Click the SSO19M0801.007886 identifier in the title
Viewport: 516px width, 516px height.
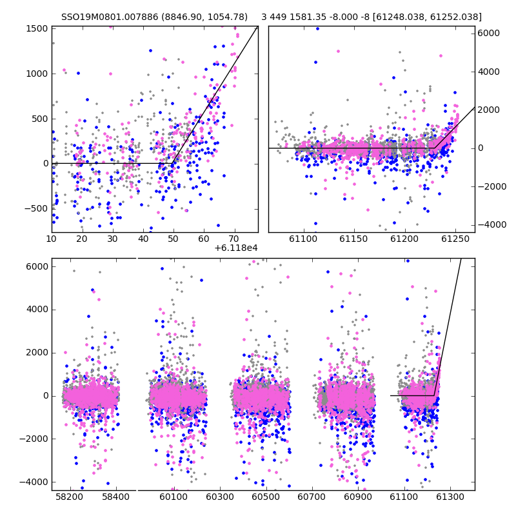click(110, 17)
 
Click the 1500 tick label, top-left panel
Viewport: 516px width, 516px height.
click(37, 28)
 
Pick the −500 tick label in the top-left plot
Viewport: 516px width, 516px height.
click(36, 208)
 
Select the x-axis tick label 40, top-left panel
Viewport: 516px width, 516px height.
click(143, 239)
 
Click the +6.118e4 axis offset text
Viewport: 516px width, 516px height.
click(236, 248)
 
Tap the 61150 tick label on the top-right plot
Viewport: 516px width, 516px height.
click(353, 239)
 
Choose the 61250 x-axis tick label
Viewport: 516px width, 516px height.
click(455, 239)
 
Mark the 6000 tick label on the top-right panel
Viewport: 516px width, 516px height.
click(489, 34)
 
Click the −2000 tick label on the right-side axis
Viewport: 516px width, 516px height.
click(492, 186)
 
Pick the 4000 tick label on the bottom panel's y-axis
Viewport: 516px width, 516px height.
click(37, 310)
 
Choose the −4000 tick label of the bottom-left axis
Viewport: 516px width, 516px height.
click(34, 482)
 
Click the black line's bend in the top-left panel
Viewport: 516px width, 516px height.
click(172, 163)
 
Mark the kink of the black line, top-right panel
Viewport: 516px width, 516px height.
click(435, 148)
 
